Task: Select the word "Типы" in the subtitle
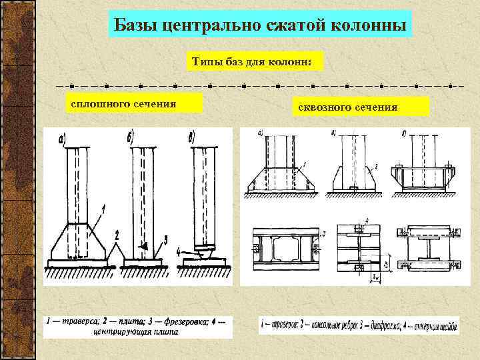207,62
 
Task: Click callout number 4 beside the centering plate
179,251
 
